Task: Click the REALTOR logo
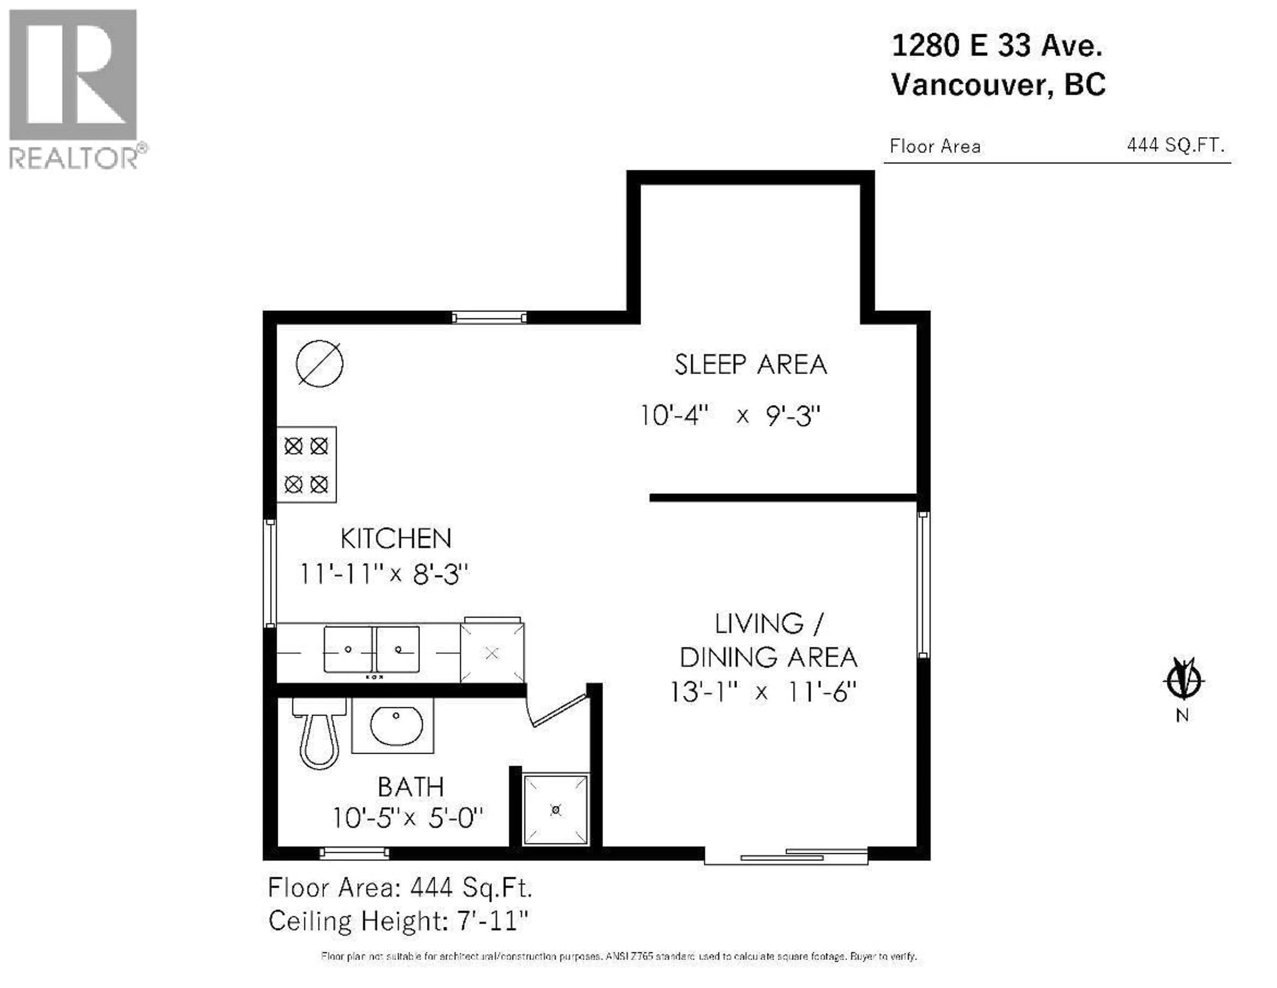coord(74,88)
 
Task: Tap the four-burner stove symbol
coord(306,465)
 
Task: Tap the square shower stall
coord(555,810)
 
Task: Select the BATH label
coord(410,787)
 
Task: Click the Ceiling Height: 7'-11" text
coord(398,922)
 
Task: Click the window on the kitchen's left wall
coord(270,573)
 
